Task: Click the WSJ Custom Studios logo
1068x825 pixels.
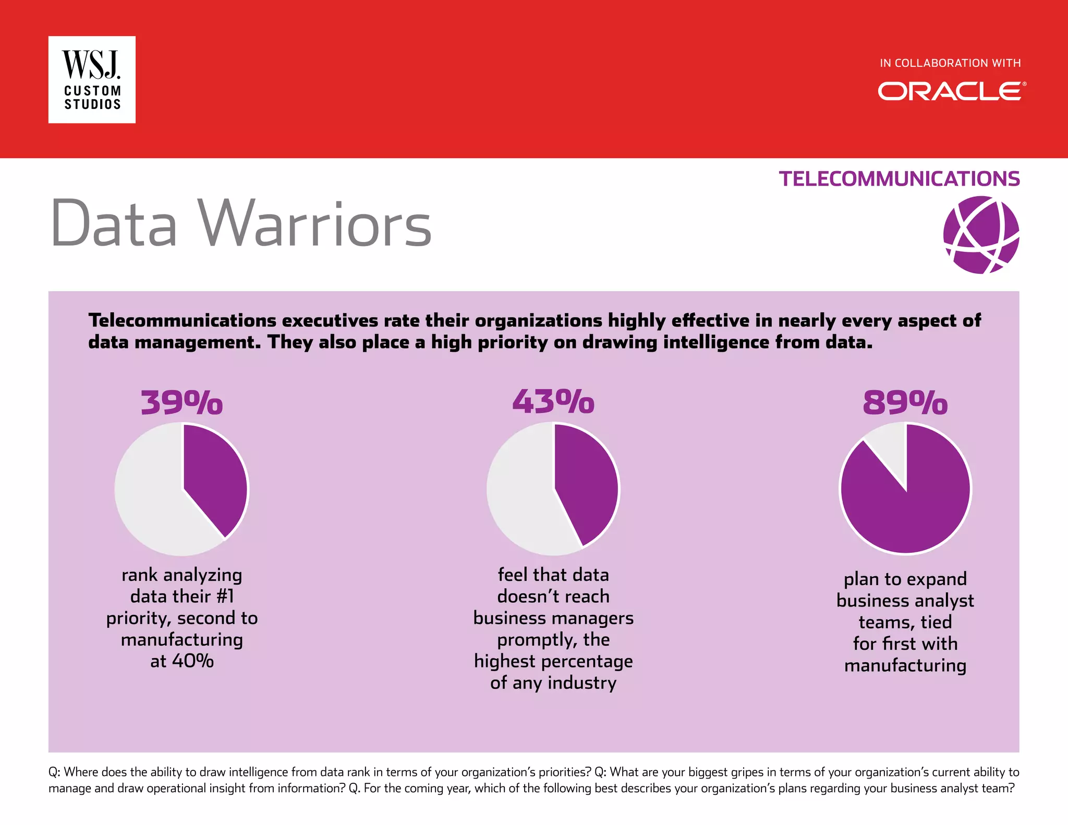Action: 92,80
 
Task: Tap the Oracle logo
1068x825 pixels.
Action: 951,91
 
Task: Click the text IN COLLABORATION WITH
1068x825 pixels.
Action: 950,63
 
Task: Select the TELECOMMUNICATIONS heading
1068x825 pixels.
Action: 899,179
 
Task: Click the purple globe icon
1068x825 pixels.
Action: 981,235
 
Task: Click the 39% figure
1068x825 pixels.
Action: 181,403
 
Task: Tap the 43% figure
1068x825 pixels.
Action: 553,402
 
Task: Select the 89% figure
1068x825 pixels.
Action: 905,403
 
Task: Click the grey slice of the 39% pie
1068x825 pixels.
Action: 151,501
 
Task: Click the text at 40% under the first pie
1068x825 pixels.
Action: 182,661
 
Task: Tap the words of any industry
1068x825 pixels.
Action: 553,683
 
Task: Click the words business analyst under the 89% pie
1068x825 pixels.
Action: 905,601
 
